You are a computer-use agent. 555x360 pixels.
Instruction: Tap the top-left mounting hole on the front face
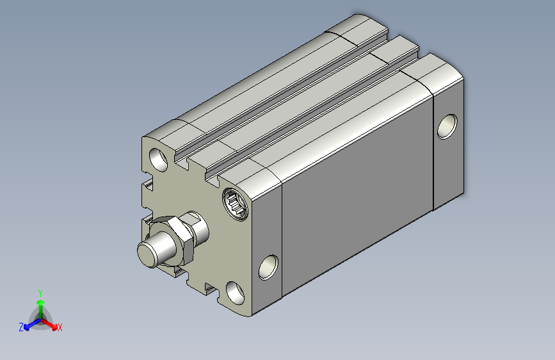tap(159, 160)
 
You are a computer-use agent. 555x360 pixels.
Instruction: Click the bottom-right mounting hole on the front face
tap(235, 293)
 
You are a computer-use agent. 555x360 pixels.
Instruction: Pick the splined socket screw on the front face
tap(236, 204)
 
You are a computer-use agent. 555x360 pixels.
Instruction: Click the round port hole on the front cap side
tap(268, 268)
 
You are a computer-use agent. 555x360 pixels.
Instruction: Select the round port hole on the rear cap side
tap(447, 126)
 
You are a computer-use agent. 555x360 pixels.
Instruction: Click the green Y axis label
tap(40, 293)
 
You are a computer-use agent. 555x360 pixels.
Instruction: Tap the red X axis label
tap(60, 327)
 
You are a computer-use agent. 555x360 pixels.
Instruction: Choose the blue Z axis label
tap(21, 327)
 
